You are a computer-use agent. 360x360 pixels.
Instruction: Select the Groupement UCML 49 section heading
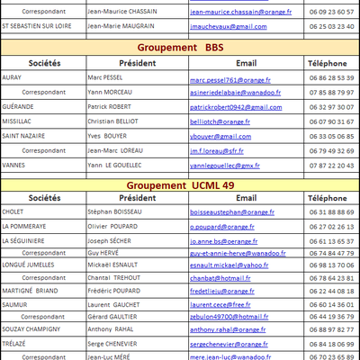[180, 184]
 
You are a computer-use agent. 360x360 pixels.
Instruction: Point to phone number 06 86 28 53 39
[330, 78]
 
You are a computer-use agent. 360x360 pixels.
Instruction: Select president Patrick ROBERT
[108, 106]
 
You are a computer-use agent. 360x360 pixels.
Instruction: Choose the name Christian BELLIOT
[113, 121]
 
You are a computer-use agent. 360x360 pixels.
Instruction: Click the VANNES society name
[15, 165]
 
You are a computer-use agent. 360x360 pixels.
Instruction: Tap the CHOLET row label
[14, 212]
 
